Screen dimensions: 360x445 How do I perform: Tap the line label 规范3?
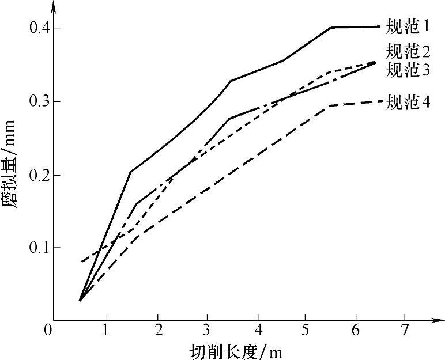click(x=408, y=70)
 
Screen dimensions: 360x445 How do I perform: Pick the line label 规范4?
click(x=408, y=103)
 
